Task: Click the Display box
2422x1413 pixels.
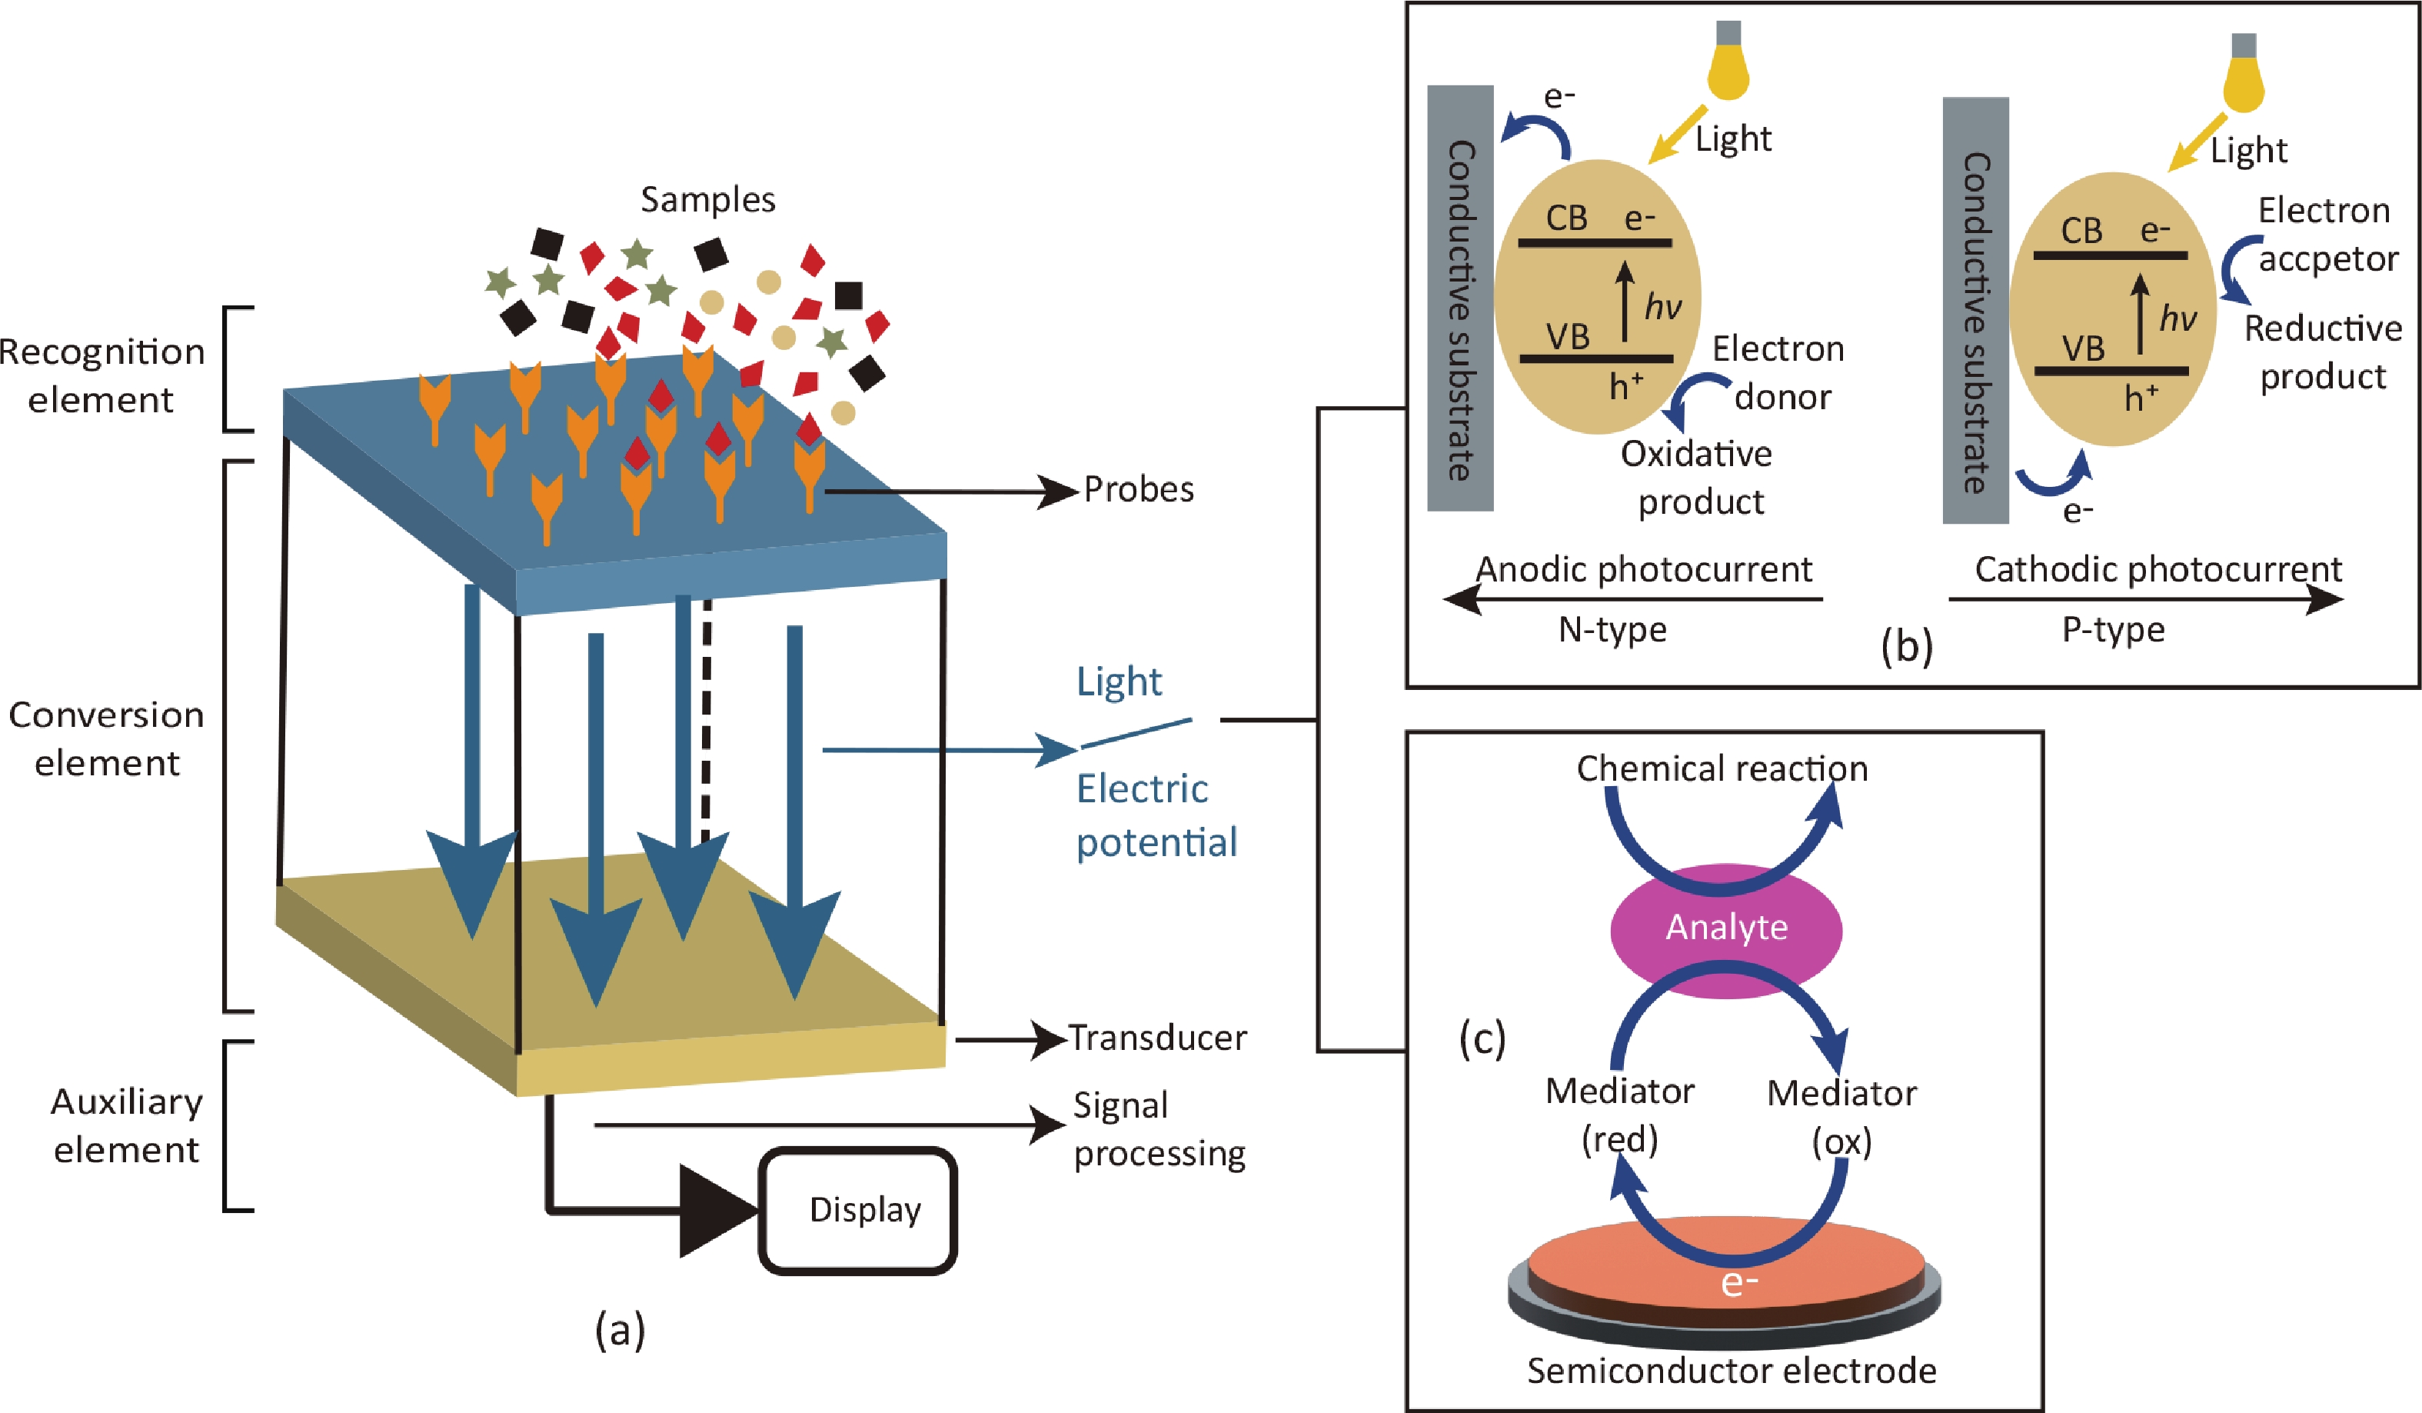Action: pos(858,1210)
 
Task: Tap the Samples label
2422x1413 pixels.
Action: pos(707,200)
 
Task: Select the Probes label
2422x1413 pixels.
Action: pos(1139,489)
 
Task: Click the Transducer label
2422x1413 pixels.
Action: pos(1157,1038)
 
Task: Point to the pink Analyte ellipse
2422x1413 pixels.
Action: pos(1726,928)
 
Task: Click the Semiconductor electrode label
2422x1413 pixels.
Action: pos(1731,1371)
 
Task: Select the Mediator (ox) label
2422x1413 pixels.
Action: pos(1841,1117)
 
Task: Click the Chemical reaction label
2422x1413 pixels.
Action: pos(1722,769)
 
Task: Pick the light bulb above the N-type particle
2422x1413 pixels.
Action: pos(1728,63)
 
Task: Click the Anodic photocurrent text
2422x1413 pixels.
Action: pos(1645,569)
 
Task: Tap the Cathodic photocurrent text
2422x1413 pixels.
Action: pos(2158,569)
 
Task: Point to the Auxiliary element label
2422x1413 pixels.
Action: pos(126,1125)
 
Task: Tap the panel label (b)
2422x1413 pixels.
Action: pos(1907,646)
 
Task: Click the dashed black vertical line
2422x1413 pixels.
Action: pos(707,721)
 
